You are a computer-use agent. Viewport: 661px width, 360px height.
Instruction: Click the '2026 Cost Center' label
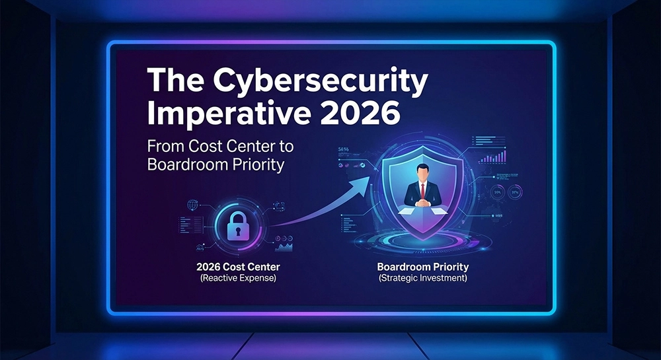[238, 267]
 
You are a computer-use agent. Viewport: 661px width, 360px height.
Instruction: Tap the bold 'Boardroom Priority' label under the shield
[423, 267]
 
